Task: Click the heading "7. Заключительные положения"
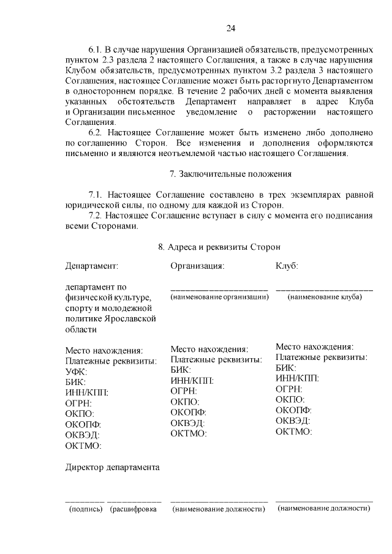point(230,174)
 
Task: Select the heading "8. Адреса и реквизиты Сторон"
point(219,247)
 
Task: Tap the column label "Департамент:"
point(91,266)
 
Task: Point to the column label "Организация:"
point(197,266)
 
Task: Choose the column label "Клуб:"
point(287,266)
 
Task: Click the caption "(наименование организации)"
point(219,297)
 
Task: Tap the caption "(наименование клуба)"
point(325,297)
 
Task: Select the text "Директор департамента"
point(112,468)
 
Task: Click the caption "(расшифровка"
point(134,509)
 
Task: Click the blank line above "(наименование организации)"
point(219,289)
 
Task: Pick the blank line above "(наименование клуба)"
point(324,289)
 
